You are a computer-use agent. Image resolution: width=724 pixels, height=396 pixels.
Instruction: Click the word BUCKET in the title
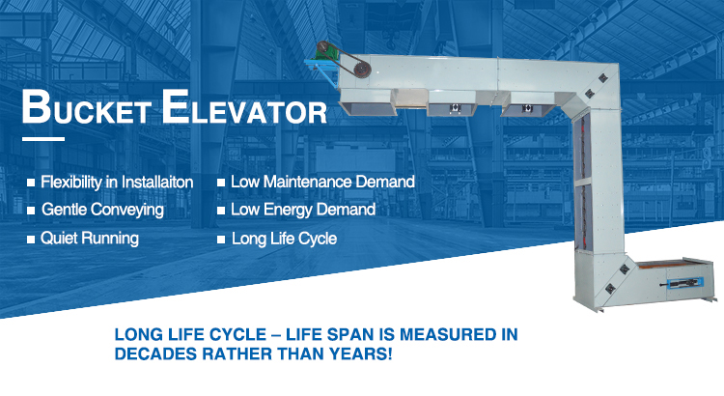[87, 107]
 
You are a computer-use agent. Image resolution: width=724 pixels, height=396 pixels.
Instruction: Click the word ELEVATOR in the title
[245, 107]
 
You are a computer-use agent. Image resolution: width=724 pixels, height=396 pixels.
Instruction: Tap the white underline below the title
[43, 139]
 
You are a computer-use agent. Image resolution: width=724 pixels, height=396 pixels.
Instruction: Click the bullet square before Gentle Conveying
[31, 211]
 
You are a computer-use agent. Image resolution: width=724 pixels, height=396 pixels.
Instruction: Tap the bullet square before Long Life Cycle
[221, 240]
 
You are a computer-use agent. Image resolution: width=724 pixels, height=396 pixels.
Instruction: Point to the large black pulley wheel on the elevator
[362, 71]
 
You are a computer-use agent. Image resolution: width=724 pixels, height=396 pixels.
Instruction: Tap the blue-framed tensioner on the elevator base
[684, 283]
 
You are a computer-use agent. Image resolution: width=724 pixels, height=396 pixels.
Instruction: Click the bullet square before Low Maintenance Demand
[221, 183]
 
